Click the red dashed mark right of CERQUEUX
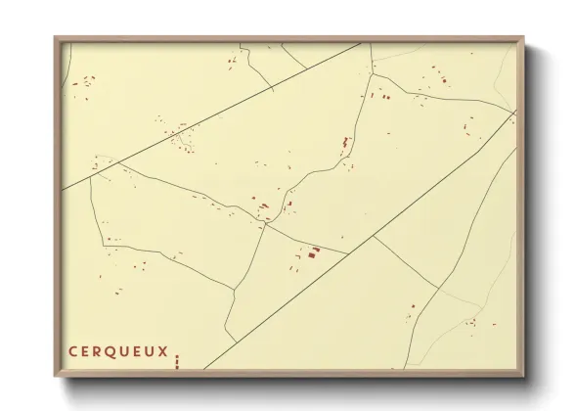click(x=177, y=361)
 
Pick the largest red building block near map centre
click(x=314, y=252)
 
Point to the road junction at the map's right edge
click(x=514, y=114)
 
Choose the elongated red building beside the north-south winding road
click(x=345, y=143)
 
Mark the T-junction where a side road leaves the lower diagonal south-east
click(x=374, y=236)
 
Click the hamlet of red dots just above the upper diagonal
click(x=181, y=138)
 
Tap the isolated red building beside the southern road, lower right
click(x=413, y=306)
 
